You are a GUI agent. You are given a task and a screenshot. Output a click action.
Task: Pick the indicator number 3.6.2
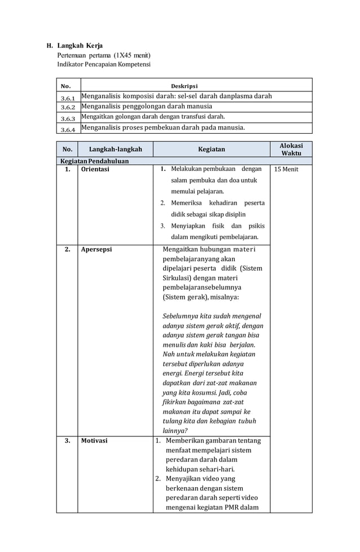coord(68,107)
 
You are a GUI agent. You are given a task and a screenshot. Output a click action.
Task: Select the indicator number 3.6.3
coord(68,118)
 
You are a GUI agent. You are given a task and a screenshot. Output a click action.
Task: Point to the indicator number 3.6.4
coord(68,129)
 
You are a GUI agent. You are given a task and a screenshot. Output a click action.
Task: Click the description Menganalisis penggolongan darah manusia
coord(147,107)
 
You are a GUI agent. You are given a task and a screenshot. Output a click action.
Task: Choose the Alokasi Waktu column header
coord(291,149)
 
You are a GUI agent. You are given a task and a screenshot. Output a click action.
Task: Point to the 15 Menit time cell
coord(286,169)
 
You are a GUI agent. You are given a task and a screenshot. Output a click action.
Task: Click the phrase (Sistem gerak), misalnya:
coord(200,297)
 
